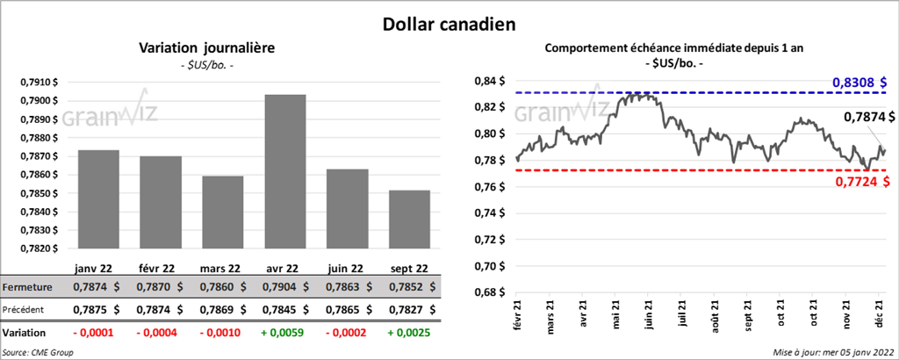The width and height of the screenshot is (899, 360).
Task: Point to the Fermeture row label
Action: click(x=27, y=287)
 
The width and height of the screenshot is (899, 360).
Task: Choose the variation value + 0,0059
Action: click(x=293, y=333)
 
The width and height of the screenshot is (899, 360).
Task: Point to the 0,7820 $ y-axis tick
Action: click(x=40, y=248)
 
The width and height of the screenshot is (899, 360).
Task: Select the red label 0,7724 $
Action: click(x=855, y=181)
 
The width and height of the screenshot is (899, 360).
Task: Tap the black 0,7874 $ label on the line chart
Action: click(x=869, y=117)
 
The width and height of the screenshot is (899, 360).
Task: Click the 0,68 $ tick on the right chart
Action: click(x=490, y=292)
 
